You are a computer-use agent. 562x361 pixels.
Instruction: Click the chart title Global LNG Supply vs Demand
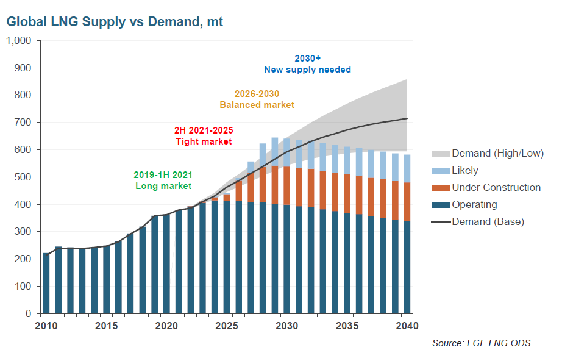pos(115,22)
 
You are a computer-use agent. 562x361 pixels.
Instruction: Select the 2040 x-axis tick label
pos(407,326)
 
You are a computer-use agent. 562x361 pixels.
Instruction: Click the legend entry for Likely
pos(464,171)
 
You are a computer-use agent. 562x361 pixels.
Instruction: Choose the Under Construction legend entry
pos(496,188)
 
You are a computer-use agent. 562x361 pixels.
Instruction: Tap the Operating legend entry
pos(474,205)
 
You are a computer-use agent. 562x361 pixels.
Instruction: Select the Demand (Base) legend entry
pos(488,222)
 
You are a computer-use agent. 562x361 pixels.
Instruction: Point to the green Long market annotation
pos(163,180)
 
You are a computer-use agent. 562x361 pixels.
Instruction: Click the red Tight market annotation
pos(204,136)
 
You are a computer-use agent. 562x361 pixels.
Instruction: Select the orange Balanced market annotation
pos(257,99)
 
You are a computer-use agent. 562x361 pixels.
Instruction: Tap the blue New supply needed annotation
pos(307,64)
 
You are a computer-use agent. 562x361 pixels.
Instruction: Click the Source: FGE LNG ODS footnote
pos(481,343)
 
